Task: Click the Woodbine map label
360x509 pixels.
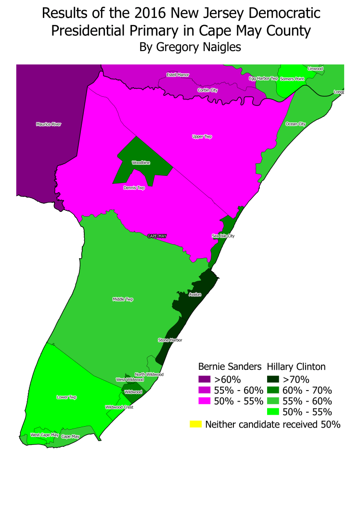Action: point(141,163)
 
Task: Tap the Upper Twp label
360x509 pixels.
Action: point(202,137)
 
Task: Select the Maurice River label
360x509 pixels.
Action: point(49,124)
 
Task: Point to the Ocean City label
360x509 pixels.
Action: point(296,124)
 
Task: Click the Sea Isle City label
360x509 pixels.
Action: point(223,236)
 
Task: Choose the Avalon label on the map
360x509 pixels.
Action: point(195,294)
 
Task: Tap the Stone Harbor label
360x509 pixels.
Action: point(170,340)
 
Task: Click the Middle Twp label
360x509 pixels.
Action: point(123,299)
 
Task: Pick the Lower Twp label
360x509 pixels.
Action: point(66,397)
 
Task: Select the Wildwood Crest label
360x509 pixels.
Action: point(119,407)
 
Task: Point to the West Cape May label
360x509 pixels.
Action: point(45,435)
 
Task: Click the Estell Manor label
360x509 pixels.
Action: point(178,75)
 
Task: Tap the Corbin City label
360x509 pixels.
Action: point(207,90)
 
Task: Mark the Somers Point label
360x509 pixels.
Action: point(292,78)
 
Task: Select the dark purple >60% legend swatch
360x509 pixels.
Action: point(205,378)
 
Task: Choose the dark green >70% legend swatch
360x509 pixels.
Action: point(272,378)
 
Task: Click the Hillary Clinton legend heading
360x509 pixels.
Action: point(296,366)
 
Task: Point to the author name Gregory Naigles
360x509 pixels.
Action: point(190,47)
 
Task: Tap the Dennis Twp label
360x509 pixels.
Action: point(134,188)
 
